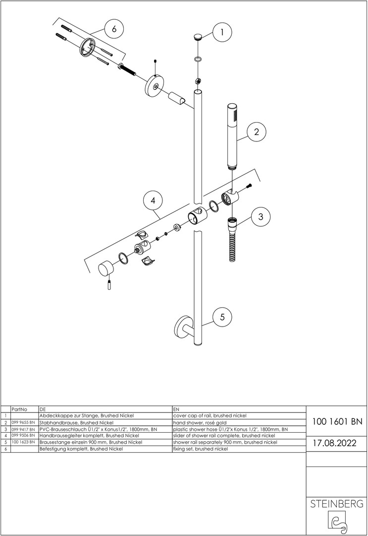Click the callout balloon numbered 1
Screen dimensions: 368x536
coord(222,32)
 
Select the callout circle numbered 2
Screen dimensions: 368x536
coord(257,132)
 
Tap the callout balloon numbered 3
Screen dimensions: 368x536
coord(261,216)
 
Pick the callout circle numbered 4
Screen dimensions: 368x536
coord(153,201)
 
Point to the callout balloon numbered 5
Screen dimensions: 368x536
coord(222,317)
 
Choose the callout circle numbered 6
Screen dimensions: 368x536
coord(114,29)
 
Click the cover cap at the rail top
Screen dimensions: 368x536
coord(198,37)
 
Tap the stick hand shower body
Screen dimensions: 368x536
coord(232,135)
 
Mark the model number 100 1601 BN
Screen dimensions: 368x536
coord(337,421)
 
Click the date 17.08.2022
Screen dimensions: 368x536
coord(335,443)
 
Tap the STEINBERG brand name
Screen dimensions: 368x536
coord(336,504)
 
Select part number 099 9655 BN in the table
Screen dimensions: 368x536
coord(23,422)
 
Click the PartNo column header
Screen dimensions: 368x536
coord(19,409)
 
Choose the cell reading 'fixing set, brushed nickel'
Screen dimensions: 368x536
coord(201,449)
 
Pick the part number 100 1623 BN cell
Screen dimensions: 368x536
coord(23,442)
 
